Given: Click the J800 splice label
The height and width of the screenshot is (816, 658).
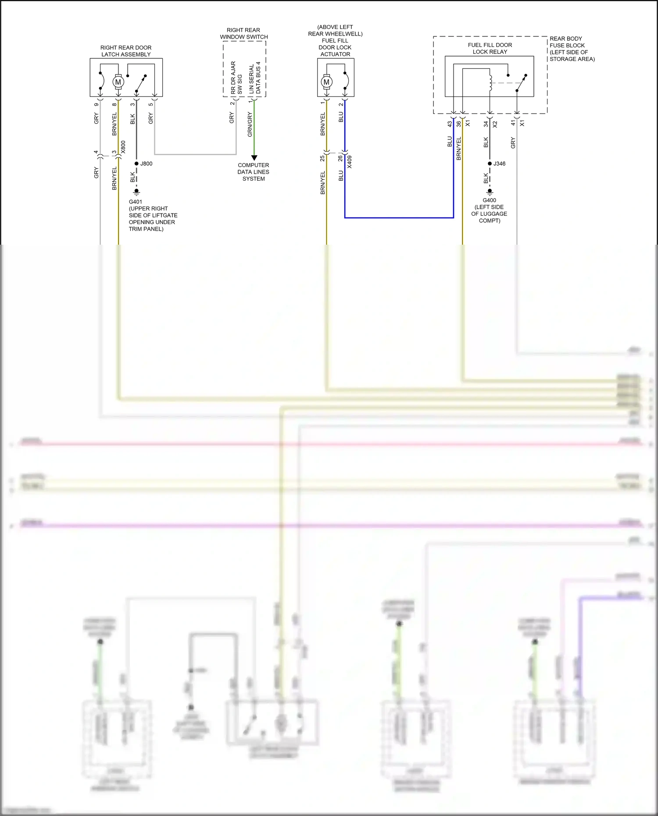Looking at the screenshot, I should [146, 164].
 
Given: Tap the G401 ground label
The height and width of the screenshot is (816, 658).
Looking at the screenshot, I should [135, 202].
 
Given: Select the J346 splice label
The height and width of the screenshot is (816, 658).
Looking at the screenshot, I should [499, 164].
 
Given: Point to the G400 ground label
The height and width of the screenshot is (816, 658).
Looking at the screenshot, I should [489, 200].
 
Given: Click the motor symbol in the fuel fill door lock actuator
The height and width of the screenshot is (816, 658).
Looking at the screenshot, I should [326, 82].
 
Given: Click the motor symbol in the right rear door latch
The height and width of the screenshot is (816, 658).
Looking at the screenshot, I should [118, 82].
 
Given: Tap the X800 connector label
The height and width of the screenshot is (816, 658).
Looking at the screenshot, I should [123, 147].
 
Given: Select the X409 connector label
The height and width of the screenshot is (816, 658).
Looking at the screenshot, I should [350, 161].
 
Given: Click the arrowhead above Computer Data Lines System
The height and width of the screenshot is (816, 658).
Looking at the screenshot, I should [254, 157].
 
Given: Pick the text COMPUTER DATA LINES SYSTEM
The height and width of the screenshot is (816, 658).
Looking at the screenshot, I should [254, 172].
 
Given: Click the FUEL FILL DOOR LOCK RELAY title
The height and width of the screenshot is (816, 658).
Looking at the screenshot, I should [490, 48].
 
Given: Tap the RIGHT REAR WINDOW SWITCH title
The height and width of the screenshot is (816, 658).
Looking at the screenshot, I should [244, 33].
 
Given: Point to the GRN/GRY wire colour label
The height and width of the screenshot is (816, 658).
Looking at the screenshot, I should [250, 124].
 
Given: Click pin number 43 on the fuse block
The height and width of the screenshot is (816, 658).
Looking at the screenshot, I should [450, 124].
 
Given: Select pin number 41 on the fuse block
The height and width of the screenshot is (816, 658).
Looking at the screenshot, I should [513, 123].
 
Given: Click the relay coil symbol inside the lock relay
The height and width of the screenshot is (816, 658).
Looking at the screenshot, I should [490, 82].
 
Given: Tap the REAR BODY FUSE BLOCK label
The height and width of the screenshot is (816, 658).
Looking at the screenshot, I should [572, 48].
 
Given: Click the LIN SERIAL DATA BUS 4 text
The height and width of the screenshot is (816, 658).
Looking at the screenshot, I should [255, 78].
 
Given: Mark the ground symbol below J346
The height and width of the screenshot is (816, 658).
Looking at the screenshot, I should [490, 192].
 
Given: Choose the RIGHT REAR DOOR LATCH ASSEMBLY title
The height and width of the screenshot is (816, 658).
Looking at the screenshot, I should [126, 51].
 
